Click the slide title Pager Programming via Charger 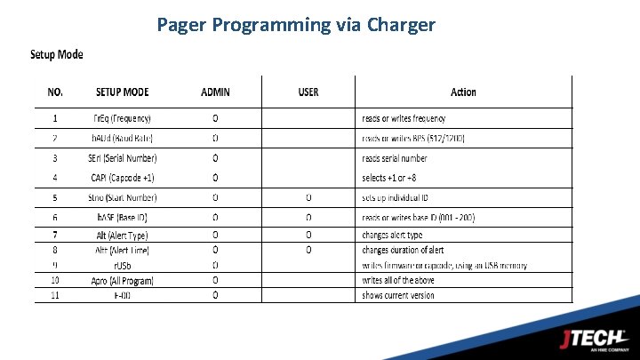[x=296, y=24]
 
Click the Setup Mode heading [x=57, y=54]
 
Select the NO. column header [x=56, y=92]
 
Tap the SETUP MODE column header [x=123, y=92]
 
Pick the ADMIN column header [x=215, y=92]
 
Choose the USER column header [x=308, y=92]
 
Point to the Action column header [x=463, y=92]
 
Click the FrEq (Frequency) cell [x=123, y=118]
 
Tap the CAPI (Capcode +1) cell [x=124, y=178]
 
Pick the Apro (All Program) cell [x=123, y=280]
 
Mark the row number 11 [x=55, y=295]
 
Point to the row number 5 [x=55, y=197]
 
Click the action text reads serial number [x=394, y=158]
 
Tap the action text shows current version [x=398, y=295]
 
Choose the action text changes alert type [x=392, y=236]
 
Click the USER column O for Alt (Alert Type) [x=308, y=236]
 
